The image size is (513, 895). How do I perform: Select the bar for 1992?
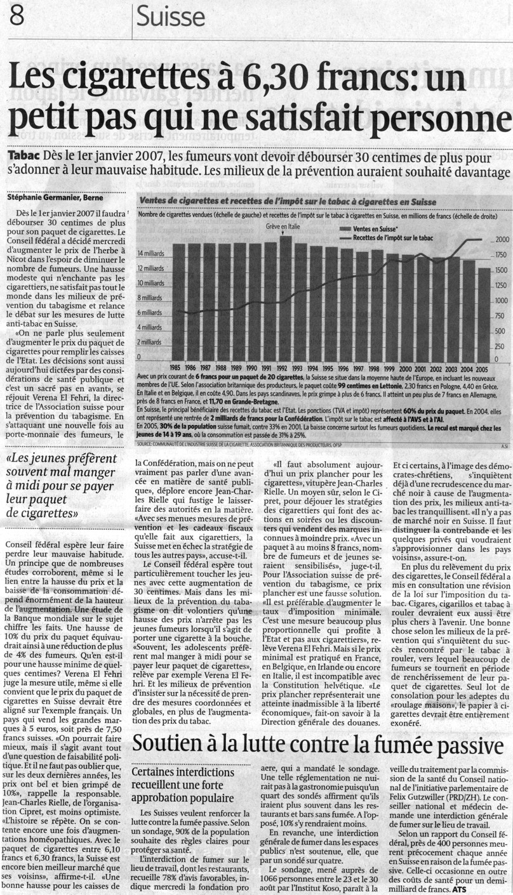(x=286, y=298)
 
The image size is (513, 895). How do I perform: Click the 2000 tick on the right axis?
(x=502, y=240)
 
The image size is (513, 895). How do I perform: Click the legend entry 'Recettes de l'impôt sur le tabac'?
(x=399, y=238)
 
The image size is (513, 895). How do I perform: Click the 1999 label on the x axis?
(x=390, y=368)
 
